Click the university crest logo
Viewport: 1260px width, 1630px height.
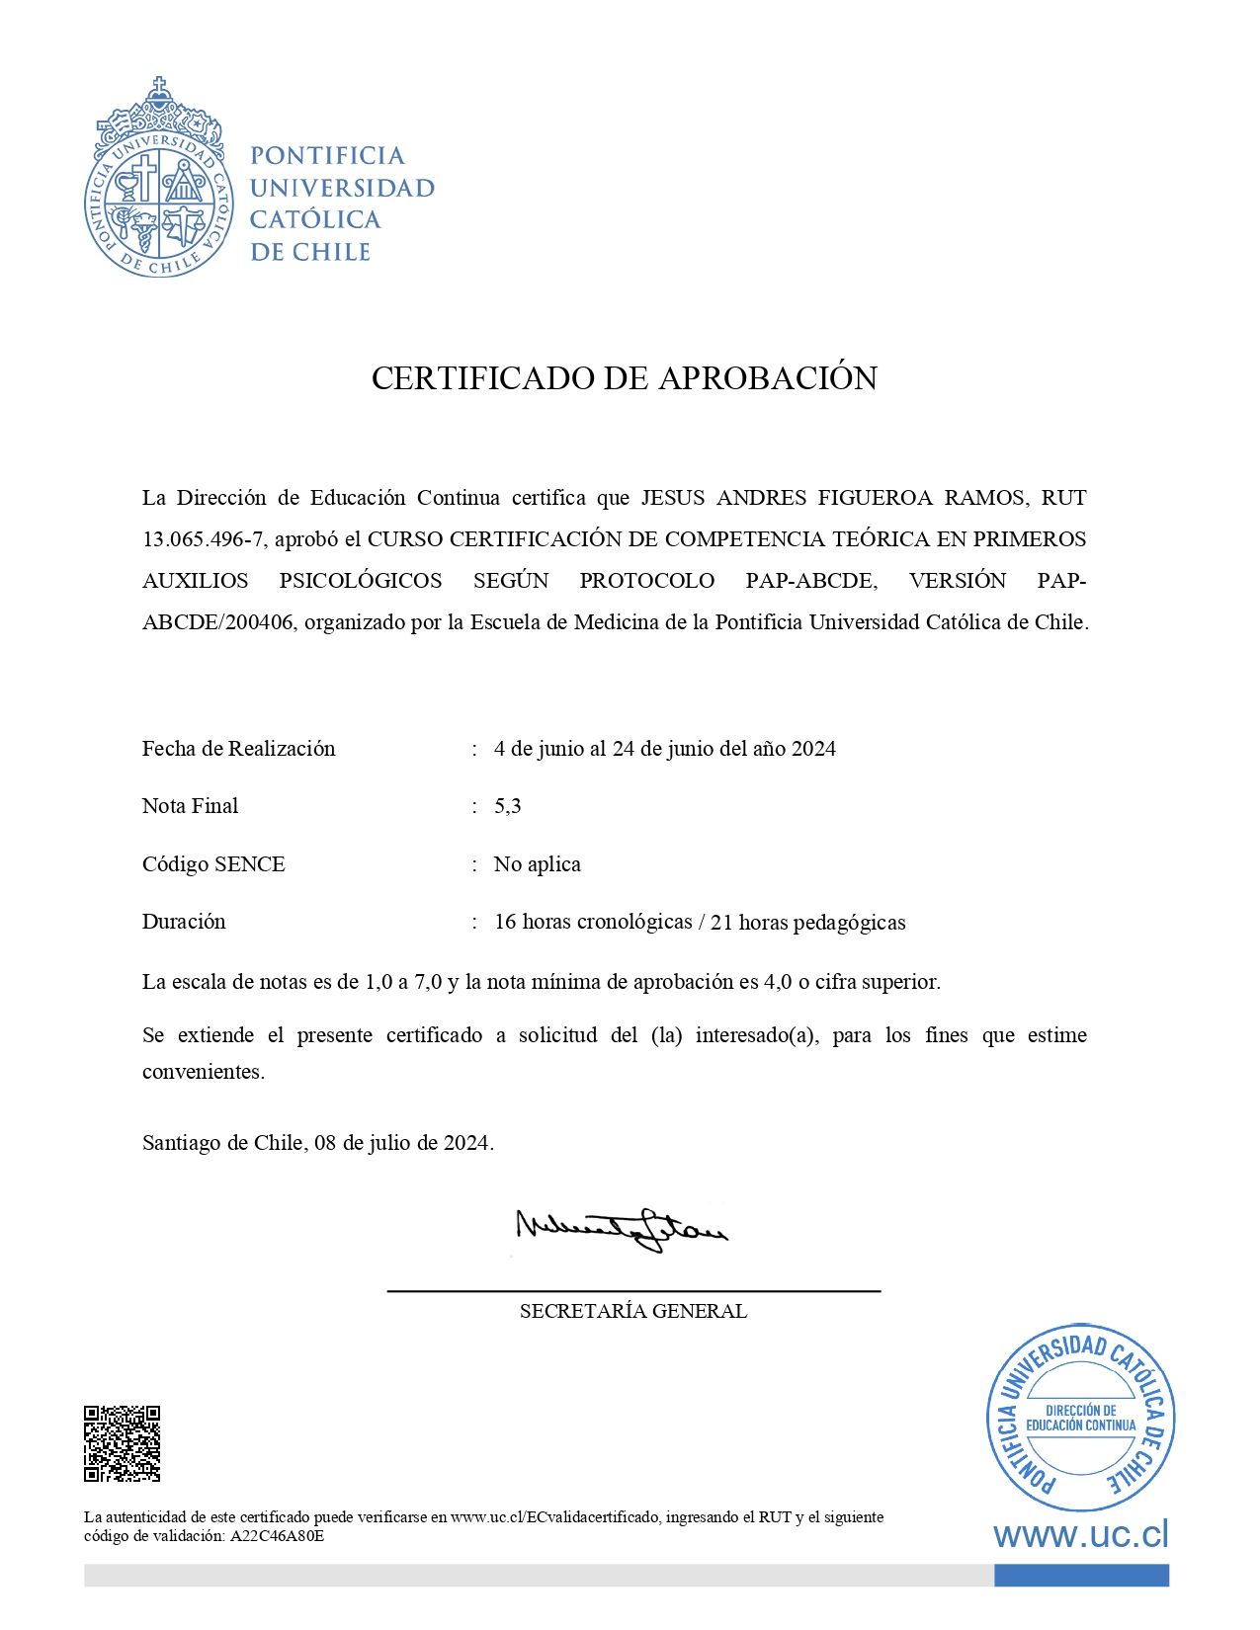(x=159, y=179)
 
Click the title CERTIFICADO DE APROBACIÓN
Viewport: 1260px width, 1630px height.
(x=624, y=378)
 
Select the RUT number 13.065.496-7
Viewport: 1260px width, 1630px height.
(x=203, y=539)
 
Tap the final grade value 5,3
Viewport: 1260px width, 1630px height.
(x=508, y=806)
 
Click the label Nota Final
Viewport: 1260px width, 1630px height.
(x=190, y=806)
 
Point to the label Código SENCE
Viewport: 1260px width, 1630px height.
(x=213, y=864)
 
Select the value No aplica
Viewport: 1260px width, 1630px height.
(x=538, y=864)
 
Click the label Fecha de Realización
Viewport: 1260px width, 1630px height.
(x=238, y=749)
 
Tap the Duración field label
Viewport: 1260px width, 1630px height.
(x=184, y=922)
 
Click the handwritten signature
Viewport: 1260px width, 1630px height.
(x=621, y=1229)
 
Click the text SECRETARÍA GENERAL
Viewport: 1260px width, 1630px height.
(x=633, y=1312)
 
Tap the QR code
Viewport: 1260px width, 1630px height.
(x=123, y=1443)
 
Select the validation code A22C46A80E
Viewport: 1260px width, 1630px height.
(x=277, y=1536)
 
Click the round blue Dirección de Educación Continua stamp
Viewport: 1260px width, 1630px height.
(x=1080, y=1418)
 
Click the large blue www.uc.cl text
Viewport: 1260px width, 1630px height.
(x=1080, y=1534)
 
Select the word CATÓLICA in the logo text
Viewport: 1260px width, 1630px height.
(x=315, y=219)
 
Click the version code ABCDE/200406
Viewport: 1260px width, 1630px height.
(x=217, y=622)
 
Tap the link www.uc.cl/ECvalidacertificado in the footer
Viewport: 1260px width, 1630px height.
(x=555, y=1517)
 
